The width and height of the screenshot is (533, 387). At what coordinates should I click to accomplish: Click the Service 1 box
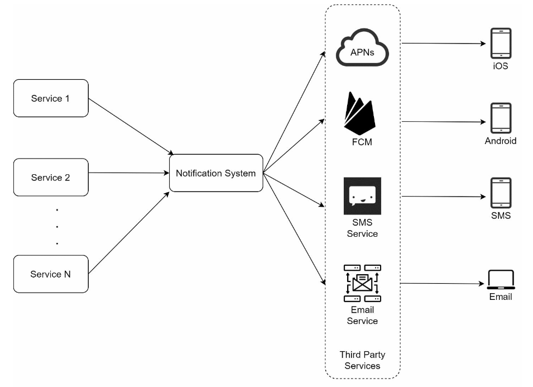(51, 98)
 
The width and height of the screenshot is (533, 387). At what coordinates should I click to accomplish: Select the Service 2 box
(51, 177)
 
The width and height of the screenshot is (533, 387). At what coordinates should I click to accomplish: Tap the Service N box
(51, 274)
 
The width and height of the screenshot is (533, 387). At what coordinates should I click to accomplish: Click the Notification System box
(216, 173)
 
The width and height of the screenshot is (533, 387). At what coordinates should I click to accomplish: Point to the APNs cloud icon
(362, 47)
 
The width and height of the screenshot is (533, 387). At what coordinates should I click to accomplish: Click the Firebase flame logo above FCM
(360, 113)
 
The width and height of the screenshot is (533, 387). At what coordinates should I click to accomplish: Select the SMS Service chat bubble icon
(362, 196)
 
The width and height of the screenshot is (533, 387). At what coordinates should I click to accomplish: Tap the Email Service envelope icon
(362, 283)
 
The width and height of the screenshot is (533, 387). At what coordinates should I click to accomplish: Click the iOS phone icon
(501, 43)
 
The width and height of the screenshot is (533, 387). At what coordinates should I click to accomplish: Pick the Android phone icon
(501, 118)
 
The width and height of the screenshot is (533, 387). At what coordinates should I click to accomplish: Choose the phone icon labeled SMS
(501, 193)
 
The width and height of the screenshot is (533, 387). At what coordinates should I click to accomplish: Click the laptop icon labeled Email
(501, 280)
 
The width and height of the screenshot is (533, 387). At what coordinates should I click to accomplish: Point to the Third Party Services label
(362, 360)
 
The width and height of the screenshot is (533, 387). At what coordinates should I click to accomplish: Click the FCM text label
(362, 142)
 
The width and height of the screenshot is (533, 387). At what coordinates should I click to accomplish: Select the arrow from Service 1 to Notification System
(131, 127)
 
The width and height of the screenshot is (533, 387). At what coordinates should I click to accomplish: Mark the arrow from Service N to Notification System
(129, 233)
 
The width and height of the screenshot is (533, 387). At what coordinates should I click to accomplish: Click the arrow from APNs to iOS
(444, 44)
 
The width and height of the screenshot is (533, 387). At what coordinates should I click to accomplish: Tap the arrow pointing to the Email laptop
(442, 283)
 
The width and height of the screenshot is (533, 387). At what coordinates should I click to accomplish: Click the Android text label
(501, 141)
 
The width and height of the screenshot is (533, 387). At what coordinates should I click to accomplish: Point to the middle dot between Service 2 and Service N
(57, 227)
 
